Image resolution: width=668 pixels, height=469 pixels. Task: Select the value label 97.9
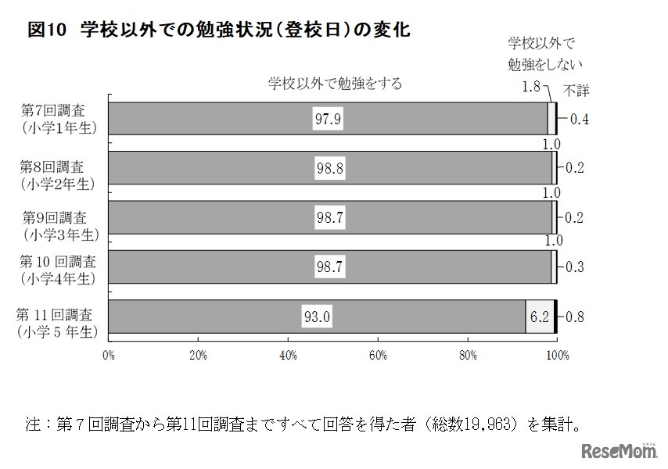(x=329, y=119)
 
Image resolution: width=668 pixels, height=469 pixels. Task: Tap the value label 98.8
(x=329, y=168)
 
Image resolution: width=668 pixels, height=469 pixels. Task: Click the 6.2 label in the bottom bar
(x=540, y=317)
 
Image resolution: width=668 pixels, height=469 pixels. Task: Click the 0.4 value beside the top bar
(x=580, y=119)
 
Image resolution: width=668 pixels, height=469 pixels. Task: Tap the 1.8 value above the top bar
(x=531, y=87)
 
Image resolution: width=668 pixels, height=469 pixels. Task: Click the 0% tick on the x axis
(x=109, y=356)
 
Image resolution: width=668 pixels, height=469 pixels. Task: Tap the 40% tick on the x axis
(x=288, y=356)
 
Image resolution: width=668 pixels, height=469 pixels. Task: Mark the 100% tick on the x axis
(x=556, y=356)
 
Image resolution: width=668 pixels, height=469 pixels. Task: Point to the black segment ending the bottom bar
(x=555, y=317)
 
